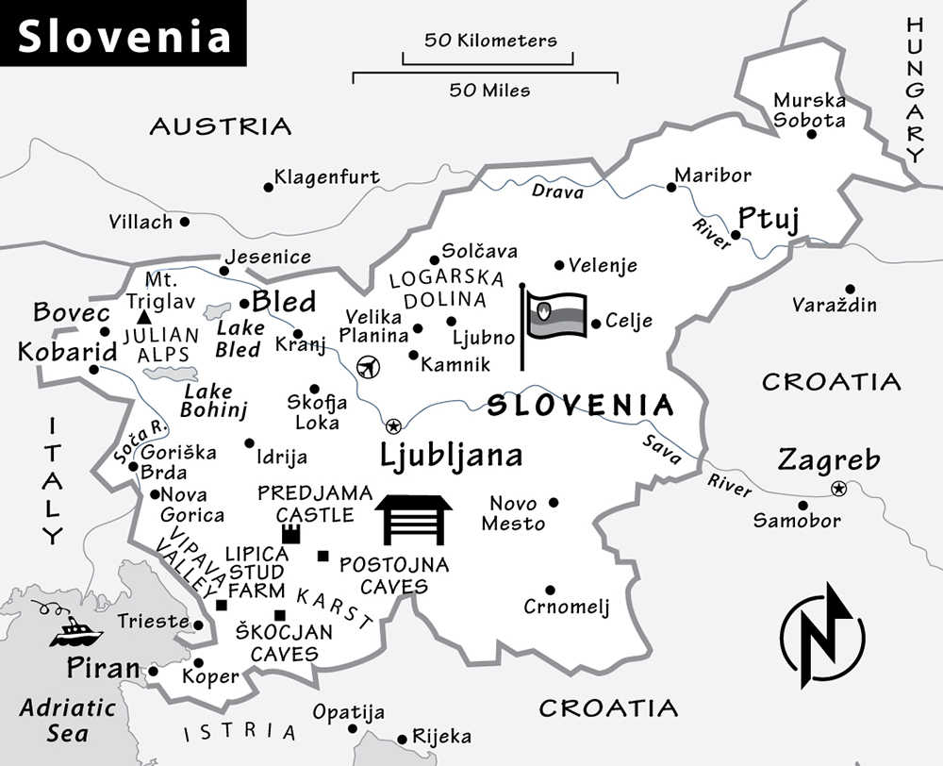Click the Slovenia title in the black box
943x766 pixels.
(x=124, y=36)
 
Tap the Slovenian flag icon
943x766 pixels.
(x=556, y=316)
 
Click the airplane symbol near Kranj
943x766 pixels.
(x=369, y=366)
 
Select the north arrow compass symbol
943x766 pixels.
(x=822, y=635)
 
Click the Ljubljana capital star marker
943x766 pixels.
(x=393, y=425)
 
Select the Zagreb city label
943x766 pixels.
(x=829, y=461)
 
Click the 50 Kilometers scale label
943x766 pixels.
(x=490, y=41)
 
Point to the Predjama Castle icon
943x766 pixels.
(x=291, y=535)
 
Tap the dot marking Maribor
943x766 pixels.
(x=671, y=187)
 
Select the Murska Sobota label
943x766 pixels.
(x=809, y=110)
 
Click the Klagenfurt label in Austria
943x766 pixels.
(x=326, y=176)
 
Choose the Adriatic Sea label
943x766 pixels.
(x=68, y=719)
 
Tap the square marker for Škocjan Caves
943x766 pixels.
(x=279, y=615)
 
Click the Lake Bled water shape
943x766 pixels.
(x=218, y=310)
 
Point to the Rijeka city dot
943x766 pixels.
(x=404, y=740)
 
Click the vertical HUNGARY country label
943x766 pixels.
(x=916, y=91)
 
